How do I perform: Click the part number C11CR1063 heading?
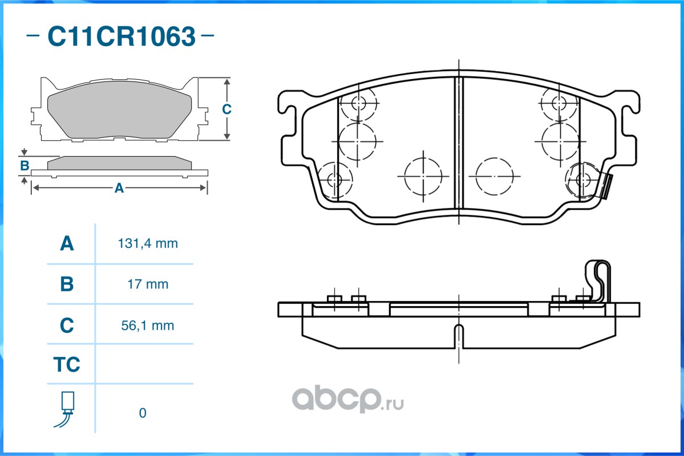click(x=122, y=36)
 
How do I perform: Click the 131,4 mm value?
click(x=148, y=243)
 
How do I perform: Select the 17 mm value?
click(x=148, y=284)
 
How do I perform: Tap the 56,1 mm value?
click(x=148, y=325)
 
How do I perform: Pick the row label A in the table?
click(x=67, y=243)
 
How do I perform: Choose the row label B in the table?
click(x=67, y=284)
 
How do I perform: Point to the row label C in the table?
click(x=67, y=325)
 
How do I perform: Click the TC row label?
click(x=67, y=364)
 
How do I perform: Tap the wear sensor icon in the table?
click(x=66, y=409)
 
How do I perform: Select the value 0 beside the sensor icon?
click(x=143, y=413)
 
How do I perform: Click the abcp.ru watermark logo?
click(x=347, y=398)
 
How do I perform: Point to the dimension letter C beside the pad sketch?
click(x=226, y=109)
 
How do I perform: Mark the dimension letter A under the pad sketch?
click(x=119, y=188)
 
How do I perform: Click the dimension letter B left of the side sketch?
click(x=25, y=166)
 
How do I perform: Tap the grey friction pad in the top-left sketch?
click(x=119, y=109)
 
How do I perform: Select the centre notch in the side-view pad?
click(x=459, y=336)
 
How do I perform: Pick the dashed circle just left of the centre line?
click(x=423, y=176)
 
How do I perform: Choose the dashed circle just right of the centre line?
click(x=494, y=176)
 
